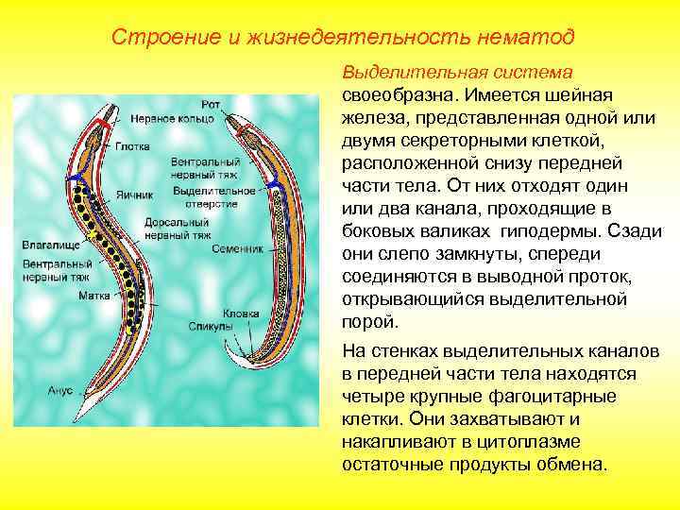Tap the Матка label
93,295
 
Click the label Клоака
241,313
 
